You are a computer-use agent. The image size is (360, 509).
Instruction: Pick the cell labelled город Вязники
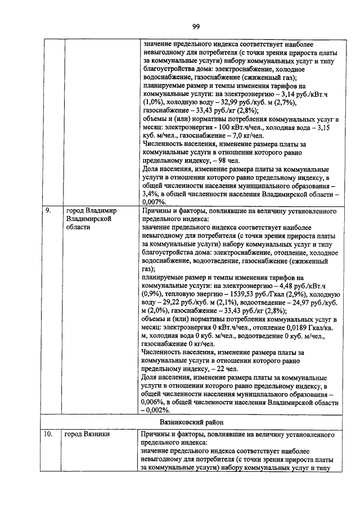pos(87,434)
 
